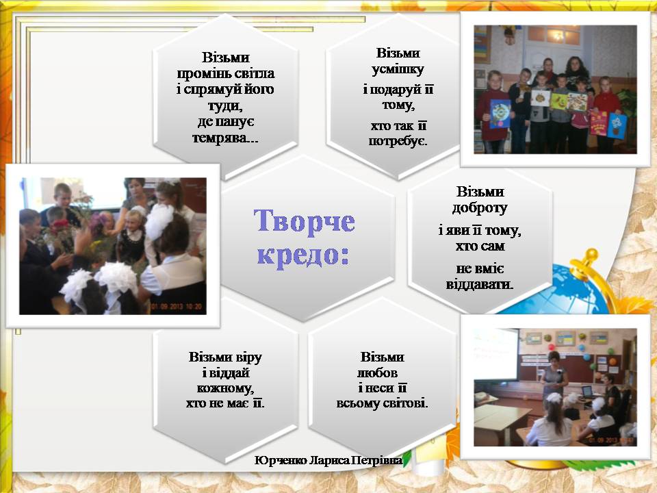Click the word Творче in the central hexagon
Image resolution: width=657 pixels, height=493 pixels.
(x=304, y=220)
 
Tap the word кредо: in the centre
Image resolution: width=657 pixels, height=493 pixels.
(x=303, y=255)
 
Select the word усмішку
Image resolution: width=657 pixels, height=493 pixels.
(x=398, y=69)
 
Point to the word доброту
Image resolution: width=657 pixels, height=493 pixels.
(x=480, y=208)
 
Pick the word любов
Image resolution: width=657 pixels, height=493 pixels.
(x=378, y=372)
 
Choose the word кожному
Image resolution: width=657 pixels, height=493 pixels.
(x=225, y=388)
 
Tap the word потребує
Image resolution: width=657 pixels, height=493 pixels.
(x=398, y=141)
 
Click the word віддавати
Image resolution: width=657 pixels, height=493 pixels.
(x=480, y=285)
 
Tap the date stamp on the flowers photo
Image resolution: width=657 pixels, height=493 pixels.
(x=177, y=307)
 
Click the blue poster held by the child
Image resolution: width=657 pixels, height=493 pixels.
(x=500, y=114)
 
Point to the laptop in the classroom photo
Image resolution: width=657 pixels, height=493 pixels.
(x=588, y=392)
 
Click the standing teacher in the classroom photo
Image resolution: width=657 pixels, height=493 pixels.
(x=554, y=375)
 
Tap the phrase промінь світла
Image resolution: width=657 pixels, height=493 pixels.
(x=225, y=73)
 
